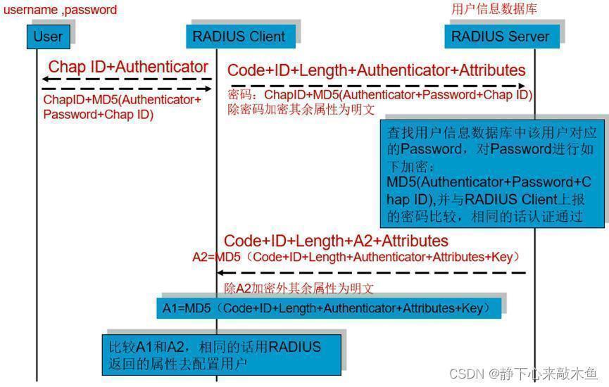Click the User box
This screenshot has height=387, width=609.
(48, 37)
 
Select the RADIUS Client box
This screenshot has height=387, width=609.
(240, 37)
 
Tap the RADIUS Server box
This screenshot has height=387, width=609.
(502, 37)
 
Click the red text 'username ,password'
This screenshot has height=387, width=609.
(61, 10)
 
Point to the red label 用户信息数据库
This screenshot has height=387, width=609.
(494, 9)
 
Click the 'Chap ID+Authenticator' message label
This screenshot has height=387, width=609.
(128, 67)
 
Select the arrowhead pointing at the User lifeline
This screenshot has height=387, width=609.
(46, 80)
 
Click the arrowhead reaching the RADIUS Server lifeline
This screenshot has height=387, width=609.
(522, 86)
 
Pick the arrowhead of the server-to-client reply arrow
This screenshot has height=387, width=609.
(220, 273)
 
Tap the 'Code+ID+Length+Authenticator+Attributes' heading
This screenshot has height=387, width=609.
(377, 70)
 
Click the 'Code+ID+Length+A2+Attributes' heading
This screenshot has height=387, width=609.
(336, 241)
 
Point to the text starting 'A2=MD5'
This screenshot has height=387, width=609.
(356, 257)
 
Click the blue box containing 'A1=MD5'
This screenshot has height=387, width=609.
(329, 308)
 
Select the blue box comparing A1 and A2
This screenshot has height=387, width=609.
(222, 355)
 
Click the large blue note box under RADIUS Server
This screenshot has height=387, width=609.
(493, 174)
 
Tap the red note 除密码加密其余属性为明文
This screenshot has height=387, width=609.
(301, 110)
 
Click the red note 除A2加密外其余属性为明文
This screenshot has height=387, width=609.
(299, 288)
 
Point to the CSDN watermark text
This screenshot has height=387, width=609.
(524, 374)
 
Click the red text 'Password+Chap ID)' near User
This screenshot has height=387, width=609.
(99, 115)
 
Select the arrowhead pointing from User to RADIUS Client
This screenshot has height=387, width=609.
(208, 89)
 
